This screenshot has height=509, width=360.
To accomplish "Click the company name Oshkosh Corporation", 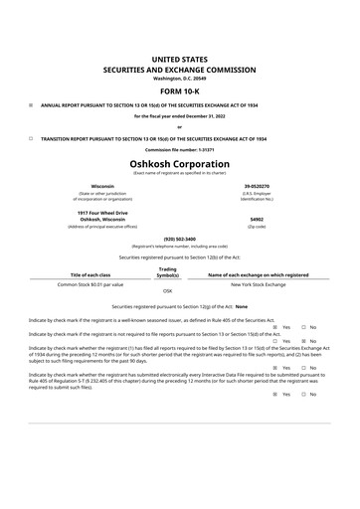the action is pos(179,163).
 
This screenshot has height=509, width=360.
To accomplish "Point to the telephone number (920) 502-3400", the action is pos(179,239).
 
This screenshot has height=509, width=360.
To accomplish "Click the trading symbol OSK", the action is pos(167,291).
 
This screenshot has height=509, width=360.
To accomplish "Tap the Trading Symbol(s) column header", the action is pos(167,270).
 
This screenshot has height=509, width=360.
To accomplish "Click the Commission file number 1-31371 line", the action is pos(179,150).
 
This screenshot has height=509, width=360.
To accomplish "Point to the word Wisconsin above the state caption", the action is pos(102,186).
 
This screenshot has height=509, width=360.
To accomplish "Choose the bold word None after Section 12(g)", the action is pos(241,307).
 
